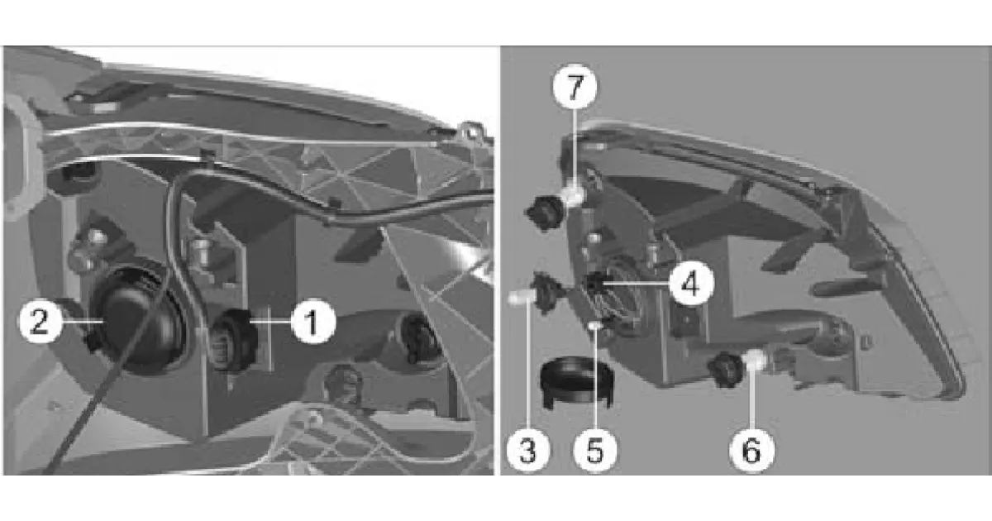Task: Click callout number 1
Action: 313,322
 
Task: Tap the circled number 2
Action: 40,321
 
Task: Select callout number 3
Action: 528,450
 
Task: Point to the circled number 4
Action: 692,284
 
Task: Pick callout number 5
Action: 594,450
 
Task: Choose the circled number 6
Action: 752,450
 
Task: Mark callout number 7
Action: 575,87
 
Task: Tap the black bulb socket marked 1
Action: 235,339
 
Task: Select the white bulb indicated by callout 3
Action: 517,298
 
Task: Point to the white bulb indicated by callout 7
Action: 574,197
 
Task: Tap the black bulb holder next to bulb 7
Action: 546,213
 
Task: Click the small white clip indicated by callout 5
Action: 595,327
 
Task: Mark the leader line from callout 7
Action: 575,147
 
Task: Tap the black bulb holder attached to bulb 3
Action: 549,293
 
